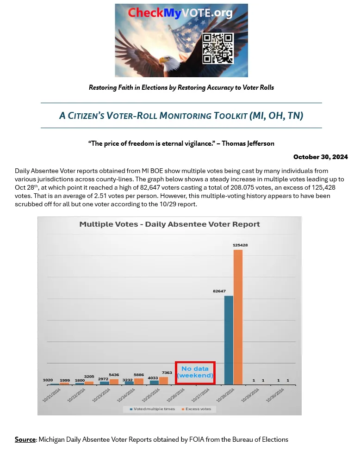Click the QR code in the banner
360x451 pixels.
click(217, 48)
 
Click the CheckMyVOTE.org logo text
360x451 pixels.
click(180, 13)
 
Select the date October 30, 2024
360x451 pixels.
click(320, 157)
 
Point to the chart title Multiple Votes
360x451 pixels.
click(169, 224)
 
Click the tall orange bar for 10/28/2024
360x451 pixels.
click(238, 317)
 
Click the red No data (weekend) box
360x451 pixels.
click(195, 372)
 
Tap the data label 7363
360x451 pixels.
click(167, 373)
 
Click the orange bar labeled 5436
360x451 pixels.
click(114, 382)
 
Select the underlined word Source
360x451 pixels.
click(25, 439)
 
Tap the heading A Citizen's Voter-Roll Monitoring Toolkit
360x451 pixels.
click(181, 116)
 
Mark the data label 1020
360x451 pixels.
click(48, 380)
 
